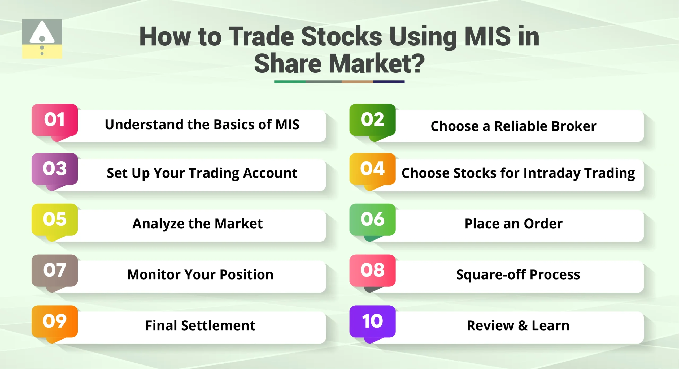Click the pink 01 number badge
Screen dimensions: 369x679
coord(55,120)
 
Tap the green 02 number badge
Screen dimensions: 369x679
coord(372,120)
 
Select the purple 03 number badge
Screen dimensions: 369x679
coord(55,169)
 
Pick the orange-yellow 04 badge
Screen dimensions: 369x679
coord(372,169)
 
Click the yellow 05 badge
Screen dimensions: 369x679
coord(55,220)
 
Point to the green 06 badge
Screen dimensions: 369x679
coord(372,220)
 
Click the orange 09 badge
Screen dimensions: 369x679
coord(55,321)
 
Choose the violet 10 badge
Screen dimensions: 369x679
coord(372,321)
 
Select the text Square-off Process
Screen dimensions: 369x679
coord(518,275)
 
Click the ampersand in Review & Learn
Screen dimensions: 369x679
coord(523,326)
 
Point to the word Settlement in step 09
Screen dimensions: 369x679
coord(218,326)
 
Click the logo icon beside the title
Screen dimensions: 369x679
coord(42,39)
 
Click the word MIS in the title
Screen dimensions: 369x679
coord(488,37)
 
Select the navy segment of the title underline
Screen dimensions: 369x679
coord(389,82)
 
